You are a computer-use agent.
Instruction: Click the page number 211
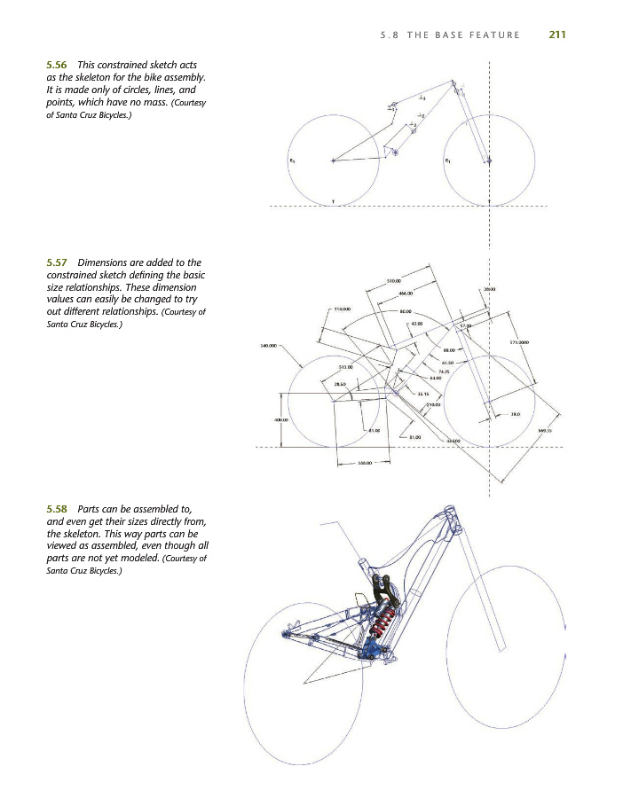(x=557, y=35)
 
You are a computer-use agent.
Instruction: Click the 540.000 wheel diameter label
(x=268, y=345)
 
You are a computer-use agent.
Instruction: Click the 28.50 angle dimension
(x=340, y=384)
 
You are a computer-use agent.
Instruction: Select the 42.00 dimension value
(x=416, y=325)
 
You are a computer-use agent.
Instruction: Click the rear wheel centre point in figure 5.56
(x=333, y=160)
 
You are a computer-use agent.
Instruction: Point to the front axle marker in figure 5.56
(x=488, y=160)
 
